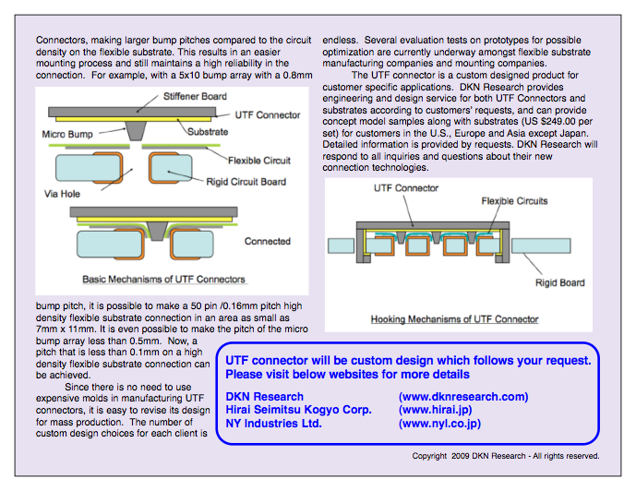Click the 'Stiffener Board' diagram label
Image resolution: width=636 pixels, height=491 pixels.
pos(196,96)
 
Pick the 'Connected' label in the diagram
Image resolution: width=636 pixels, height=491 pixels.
pos(267,242)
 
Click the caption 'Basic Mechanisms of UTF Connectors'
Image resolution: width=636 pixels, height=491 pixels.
pos(164,279)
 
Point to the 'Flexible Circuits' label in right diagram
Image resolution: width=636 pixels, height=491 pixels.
pos(514,200)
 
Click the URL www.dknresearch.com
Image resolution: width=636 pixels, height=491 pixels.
pos(463,397)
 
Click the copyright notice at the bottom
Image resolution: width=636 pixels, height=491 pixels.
pos(506,455)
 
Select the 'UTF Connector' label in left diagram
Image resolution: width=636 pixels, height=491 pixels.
pos(267,115)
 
